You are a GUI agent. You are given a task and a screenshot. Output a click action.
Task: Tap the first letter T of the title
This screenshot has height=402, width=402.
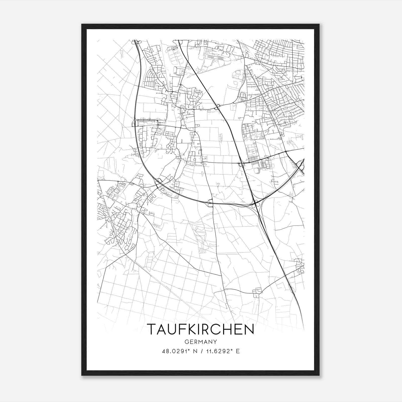tap(152, 329)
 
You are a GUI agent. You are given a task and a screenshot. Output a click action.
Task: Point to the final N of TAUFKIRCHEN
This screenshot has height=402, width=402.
tap(249, 329)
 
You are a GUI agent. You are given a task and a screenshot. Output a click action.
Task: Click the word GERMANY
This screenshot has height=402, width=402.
tap(201, 342)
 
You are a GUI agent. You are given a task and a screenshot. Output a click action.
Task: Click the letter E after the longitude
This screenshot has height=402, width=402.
tap(238, 351)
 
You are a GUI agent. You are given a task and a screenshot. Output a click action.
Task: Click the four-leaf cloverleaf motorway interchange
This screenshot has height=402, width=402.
tap(255, 205)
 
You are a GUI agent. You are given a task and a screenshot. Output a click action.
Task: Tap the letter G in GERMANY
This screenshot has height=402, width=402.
tap(186, 342)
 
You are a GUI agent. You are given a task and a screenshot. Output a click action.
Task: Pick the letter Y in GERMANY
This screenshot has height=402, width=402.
tap(215, 342)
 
